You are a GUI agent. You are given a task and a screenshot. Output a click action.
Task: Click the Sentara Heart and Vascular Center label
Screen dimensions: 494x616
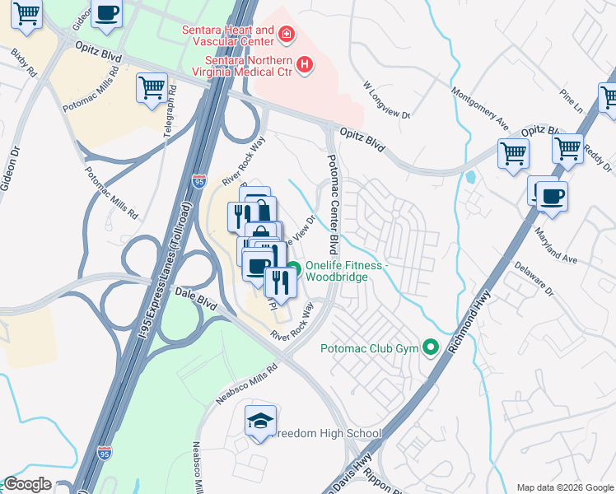click(x=228, y=35)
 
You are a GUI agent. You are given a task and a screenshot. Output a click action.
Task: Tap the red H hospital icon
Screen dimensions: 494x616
click(x=306, y=63)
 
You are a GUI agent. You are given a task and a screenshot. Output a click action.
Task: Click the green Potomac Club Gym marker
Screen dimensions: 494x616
click(x=429, y=347)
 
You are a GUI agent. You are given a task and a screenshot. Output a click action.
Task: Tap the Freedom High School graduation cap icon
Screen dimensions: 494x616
click(x=259, y=422)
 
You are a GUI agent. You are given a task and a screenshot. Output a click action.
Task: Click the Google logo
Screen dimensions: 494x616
click(x=27, y=484)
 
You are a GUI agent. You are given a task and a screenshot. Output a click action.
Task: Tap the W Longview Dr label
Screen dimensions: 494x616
click(x=387, y=100)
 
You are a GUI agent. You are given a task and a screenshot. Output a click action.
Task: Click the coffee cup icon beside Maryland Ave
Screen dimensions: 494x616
click(x=552, y=196)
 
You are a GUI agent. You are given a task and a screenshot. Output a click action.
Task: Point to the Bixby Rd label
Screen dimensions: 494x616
click(x=24, y=63)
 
